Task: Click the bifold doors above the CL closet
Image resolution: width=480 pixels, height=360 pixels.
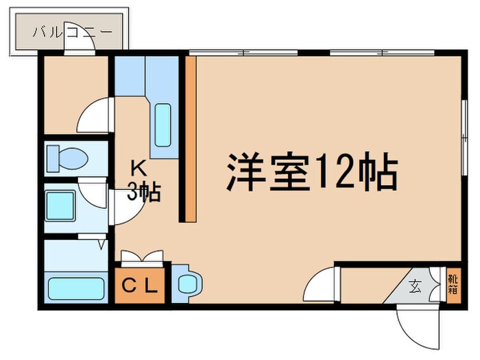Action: coord(142,259)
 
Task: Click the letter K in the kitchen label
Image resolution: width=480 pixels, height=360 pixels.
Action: coord(136,167)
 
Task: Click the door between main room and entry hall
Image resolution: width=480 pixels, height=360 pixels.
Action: coord(320,283)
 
